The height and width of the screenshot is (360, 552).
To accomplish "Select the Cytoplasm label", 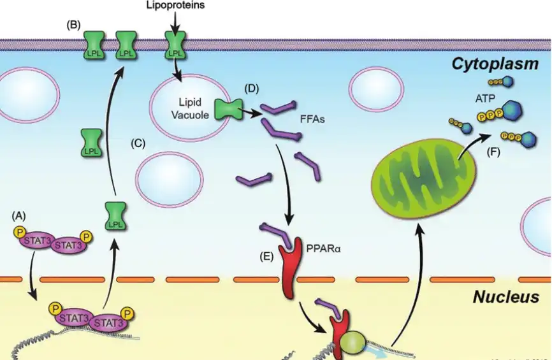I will (x=497, y=64).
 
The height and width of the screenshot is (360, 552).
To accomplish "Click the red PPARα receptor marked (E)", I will (x=289, y=268).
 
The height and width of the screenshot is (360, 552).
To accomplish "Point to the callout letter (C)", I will (x=138, y=144).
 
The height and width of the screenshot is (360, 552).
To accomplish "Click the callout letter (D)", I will (x=252, y=87).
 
